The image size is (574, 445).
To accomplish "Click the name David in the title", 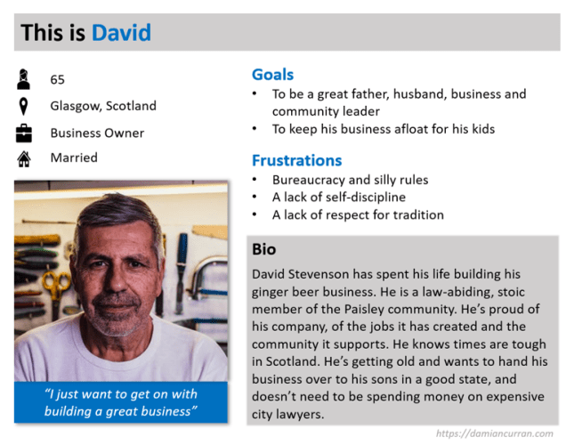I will click(x=121, y=34).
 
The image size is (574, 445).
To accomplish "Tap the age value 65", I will click(x=57, y=79).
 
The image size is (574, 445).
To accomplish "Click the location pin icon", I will click(x=24, y=107).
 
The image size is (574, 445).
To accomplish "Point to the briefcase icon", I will click(x=24, y=133).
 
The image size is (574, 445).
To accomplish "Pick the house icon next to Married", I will click(x=24, y=159).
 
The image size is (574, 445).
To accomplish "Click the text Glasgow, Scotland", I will click(x=102, y=106).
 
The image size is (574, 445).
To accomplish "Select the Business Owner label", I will click(x=96, y=133).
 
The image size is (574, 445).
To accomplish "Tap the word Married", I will click(x=74, y=158).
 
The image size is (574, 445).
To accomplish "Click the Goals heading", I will click(x=272, y=75).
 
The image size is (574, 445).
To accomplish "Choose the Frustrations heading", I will click(x=296, y=161).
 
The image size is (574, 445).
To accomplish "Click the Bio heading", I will click(x=263, y=250).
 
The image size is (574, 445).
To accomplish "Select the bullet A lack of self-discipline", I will click(x=338, y=197).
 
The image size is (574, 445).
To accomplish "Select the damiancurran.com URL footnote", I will click(x=494, y=433).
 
